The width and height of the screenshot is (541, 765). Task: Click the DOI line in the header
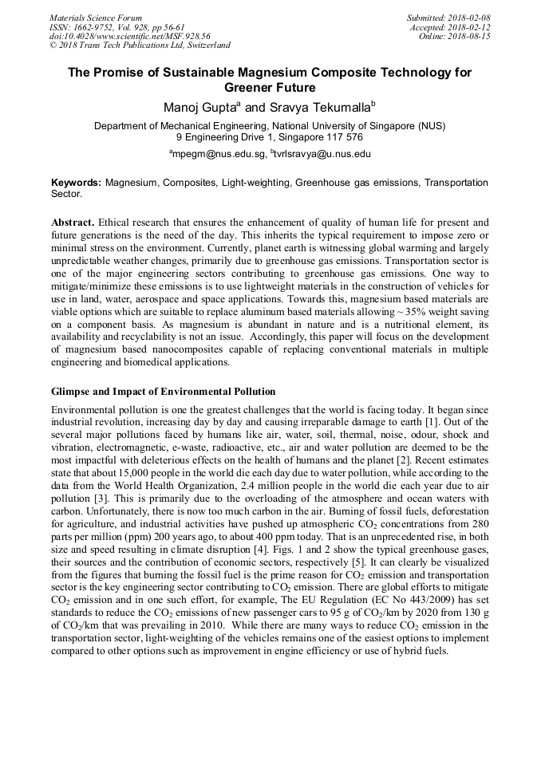130,36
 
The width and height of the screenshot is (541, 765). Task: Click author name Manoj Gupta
201,106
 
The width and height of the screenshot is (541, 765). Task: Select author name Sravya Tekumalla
311,106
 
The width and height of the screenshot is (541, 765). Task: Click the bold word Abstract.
74,222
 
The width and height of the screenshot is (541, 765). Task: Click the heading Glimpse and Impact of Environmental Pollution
163,392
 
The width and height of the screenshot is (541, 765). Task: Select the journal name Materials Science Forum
96,17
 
